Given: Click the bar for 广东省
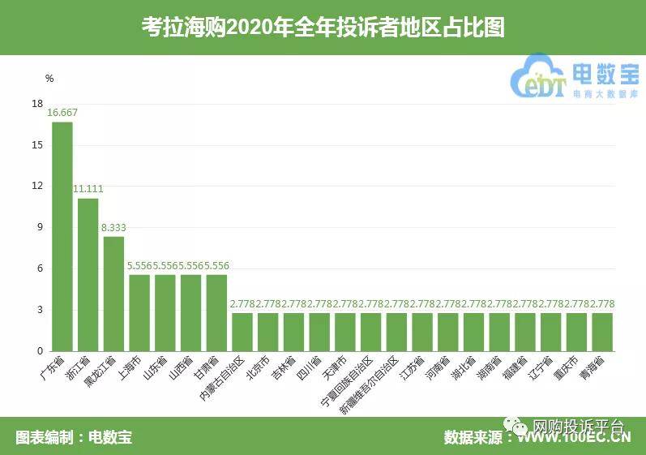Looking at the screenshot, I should pos(62,236).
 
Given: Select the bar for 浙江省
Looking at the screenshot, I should pos(88,274).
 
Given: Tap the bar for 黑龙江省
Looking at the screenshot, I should pos(113,294).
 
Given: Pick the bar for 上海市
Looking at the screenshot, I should pos(139,313).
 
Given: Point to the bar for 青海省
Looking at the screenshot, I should pos(602,332).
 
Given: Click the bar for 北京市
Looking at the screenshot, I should pos(267,332).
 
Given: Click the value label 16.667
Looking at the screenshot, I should pos(62,113).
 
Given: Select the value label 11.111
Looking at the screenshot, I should pos(88,189).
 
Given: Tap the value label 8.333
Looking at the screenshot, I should pos(114,228).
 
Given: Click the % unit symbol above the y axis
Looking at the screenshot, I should pos(49,79).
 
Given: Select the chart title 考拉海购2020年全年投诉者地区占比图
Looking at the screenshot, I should pos(323,28).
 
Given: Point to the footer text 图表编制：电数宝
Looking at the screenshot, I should pos(74,437).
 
